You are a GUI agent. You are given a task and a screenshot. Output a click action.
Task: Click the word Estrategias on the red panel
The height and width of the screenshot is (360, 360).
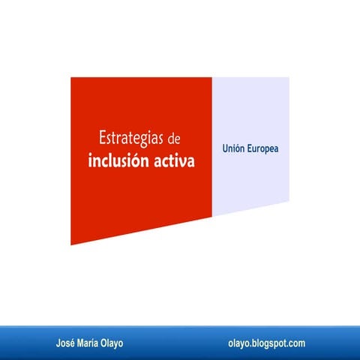point(132,139)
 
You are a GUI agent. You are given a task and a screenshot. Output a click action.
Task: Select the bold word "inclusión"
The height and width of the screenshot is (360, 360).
point(121,160)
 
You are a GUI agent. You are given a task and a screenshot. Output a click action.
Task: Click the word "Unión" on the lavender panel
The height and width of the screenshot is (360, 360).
point(233,149)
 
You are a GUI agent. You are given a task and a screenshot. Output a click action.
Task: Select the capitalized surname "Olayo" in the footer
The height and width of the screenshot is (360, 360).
point(112,343)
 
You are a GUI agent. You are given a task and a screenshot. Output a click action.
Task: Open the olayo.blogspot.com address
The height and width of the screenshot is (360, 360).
point(266,343)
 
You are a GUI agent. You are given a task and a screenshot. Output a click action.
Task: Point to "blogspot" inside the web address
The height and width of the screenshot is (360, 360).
point(270,343)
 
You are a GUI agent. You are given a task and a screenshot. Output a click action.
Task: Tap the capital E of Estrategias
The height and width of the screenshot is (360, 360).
point(101,139)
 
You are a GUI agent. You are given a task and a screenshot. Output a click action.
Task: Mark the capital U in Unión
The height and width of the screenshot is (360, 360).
point(224,149)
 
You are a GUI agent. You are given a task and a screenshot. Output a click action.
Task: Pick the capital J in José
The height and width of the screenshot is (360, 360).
point(58,343)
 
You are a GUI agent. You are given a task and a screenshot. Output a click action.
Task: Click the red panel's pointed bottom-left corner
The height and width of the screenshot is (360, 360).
point(71,244)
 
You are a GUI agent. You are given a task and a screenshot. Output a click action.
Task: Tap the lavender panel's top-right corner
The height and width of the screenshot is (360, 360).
point(289,78)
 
